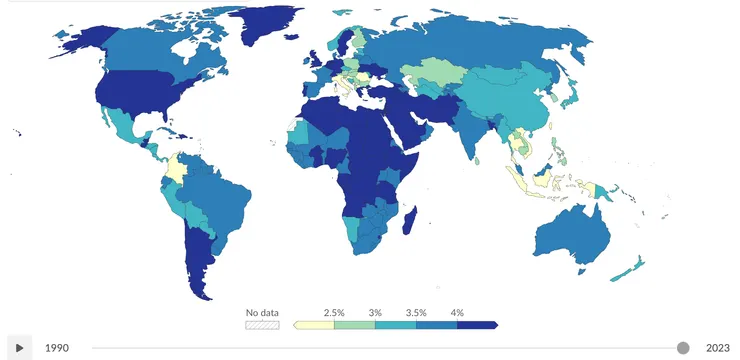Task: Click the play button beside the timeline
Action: point(19,348)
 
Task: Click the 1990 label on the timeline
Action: point(56,348)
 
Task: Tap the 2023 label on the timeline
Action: point(717,348)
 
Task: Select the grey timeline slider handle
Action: point(683,347)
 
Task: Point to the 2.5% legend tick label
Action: point(334,313)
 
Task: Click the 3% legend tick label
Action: point(375,313)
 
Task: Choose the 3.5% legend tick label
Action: point(416,313)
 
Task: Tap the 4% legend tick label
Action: point(457,313)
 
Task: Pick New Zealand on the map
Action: point(630,269)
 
